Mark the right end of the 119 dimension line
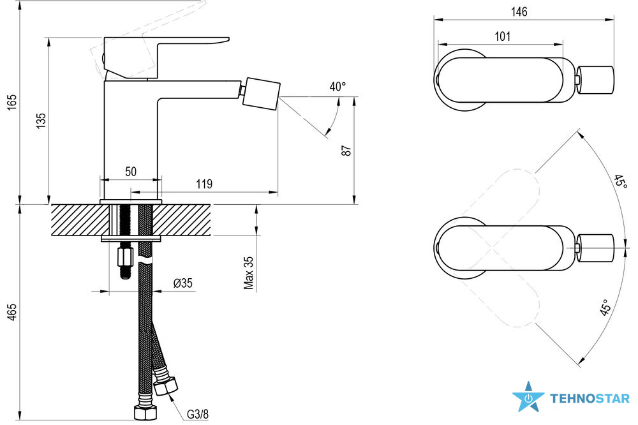278,191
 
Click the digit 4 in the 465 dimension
12,317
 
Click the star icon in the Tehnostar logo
528,397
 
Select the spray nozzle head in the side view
261,93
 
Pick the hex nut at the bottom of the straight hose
145,413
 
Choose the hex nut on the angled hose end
166,385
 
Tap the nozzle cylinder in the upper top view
595,79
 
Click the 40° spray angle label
338,87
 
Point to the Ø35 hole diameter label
183,283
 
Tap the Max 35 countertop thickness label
249,272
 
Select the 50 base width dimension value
131,172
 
